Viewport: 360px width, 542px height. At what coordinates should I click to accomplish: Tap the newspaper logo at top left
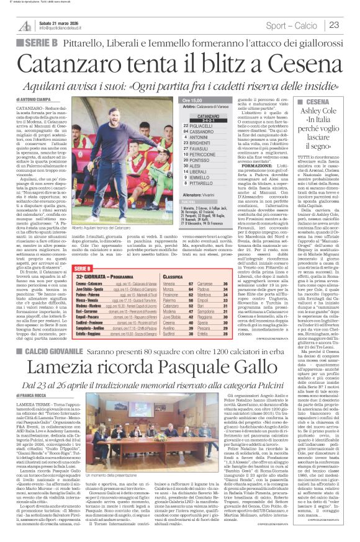25,25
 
